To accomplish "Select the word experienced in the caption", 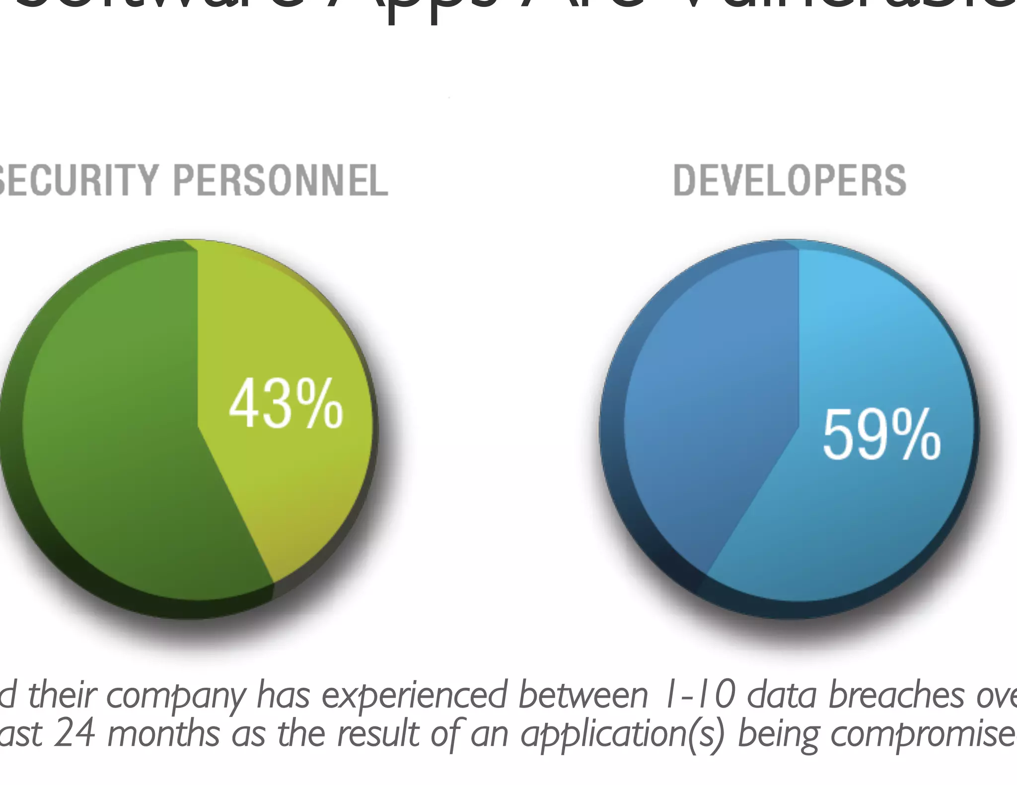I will coord(415,696).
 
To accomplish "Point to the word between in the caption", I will coord(583,695).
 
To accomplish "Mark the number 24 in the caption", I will coord(74,734).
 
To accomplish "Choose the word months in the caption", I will coord(163,734).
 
